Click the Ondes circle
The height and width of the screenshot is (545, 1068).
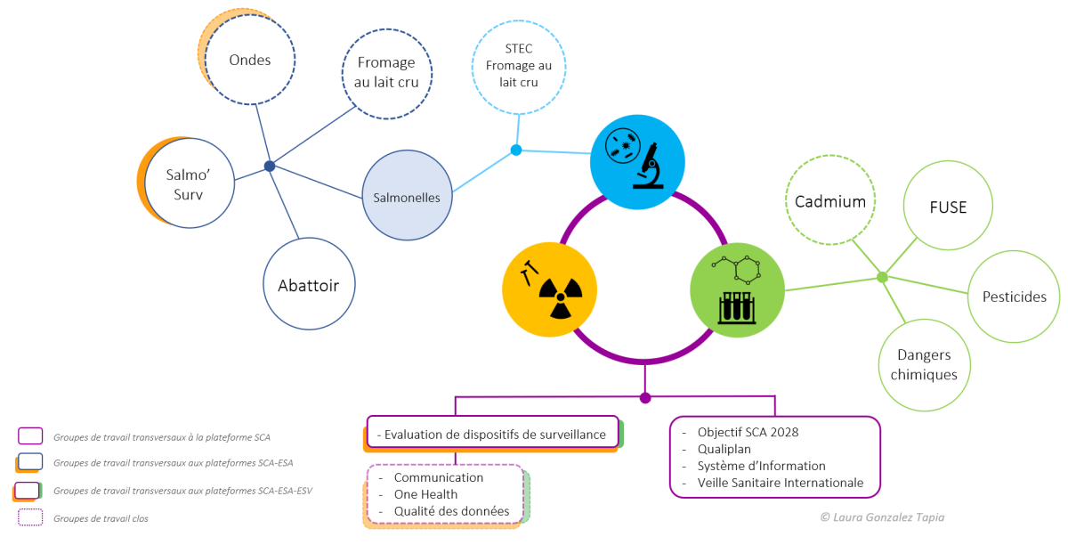249,61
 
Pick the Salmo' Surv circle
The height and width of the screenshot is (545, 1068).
190,182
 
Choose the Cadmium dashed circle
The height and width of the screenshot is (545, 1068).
830,201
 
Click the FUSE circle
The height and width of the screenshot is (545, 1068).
949,207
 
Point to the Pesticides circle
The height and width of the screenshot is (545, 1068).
1014,297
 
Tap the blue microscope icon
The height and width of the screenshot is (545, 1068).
637,161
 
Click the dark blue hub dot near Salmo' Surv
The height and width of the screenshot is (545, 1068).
270,166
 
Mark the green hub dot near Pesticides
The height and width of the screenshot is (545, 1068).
882,277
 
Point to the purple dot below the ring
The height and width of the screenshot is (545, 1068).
645,398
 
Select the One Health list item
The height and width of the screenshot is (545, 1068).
425,494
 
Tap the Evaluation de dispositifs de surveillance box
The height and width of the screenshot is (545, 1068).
492,434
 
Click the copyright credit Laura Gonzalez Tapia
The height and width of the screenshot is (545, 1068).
882,517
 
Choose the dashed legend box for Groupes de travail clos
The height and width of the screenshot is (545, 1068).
29,517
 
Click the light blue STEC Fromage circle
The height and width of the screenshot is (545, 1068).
519,66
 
